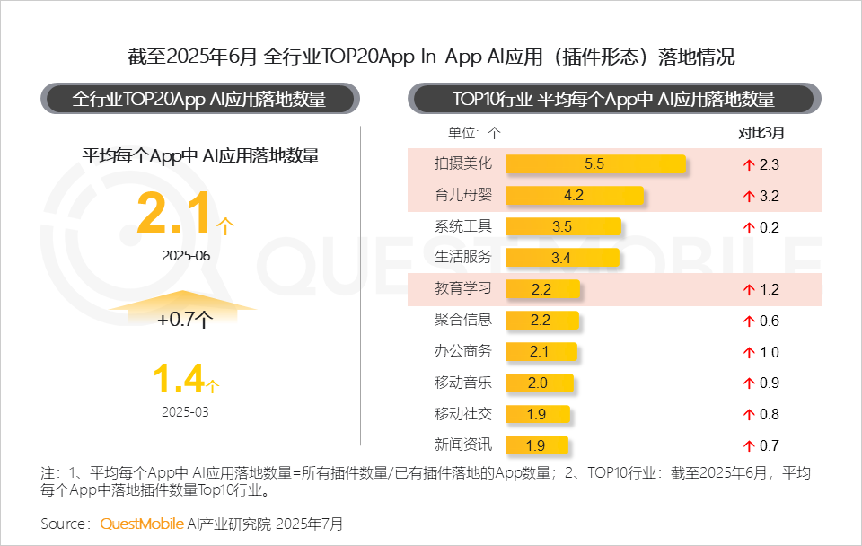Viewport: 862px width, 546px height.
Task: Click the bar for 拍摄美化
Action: [596, 164]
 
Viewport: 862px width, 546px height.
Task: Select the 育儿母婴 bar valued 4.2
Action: [576, 196]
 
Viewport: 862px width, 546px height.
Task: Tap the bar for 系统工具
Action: [563, 227]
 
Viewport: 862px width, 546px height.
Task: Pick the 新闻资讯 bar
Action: [537, 445]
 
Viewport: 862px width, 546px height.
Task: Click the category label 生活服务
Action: [463, 258]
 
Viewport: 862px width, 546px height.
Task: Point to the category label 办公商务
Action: [463, 352]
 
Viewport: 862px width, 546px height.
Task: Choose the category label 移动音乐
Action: [463, 383]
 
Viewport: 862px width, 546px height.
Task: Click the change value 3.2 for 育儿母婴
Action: [769, 196]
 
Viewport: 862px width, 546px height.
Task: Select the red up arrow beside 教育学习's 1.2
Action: [746, 290]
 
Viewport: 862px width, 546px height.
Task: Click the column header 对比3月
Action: [761, 133]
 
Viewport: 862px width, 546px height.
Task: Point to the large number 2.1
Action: [174, 214]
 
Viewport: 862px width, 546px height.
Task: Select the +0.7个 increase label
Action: [184, 319]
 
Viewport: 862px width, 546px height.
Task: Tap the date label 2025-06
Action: [186, 255]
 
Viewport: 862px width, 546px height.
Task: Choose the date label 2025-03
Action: [186, 412]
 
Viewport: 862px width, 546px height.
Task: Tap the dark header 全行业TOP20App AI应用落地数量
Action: [198, 99]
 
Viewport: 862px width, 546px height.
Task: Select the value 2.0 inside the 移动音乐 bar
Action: [537, 383]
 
